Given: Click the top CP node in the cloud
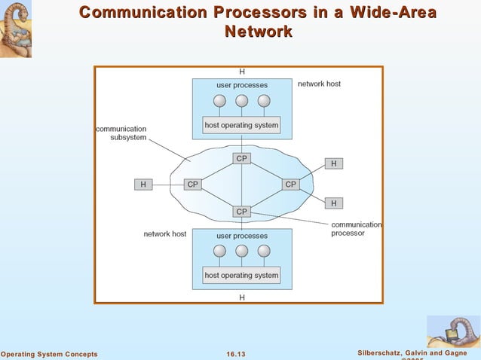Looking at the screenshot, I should tap(241, 158).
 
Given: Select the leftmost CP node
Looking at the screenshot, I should tap(193, 184).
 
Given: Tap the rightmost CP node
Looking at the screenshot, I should tap(290, 184).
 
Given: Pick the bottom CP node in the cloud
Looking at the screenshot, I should tap(241, 212).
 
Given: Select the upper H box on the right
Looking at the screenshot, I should tap(333, 163).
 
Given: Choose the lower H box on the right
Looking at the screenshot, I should tap(333, 203).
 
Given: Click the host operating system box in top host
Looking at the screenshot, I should tap(241, 125).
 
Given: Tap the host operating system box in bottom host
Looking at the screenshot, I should tap(241, 276).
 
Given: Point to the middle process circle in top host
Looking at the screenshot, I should tap(241, 101).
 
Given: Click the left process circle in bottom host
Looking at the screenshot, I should tap(219, 252).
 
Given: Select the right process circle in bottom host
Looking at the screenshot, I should tap(263, 252).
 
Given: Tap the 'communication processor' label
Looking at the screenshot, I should tap(357, 229).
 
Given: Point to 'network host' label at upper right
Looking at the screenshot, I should tap(319, 84).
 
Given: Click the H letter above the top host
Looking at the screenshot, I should tap(241, 72).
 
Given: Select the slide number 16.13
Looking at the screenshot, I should tap(237, 354).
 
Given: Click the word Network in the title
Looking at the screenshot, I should tap(259, 32).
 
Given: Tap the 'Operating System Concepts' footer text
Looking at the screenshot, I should tap(49, 354).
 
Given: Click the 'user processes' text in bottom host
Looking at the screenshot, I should tap(241, 236).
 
